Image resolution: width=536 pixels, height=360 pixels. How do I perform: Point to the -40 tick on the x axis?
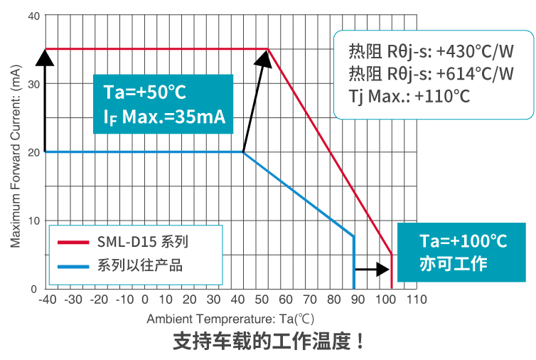tap(47, 299)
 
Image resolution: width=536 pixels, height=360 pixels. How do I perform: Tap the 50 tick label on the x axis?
tap(267, 299)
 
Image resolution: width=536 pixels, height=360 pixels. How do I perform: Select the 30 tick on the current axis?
tap(32, 83)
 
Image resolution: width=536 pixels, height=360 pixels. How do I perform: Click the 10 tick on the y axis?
tap(32, 221)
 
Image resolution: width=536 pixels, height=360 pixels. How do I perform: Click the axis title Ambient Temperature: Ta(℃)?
tap(230, 319)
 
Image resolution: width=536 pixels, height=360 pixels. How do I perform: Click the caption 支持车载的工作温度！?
tap(269, 342)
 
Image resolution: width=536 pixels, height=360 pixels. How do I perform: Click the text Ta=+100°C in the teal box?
tap(463, 240)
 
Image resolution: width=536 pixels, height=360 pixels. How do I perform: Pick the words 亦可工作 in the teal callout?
tap(453, 263)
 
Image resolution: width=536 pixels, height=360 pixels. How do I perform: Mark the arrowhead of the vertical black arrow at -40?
tap(45, 55)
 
